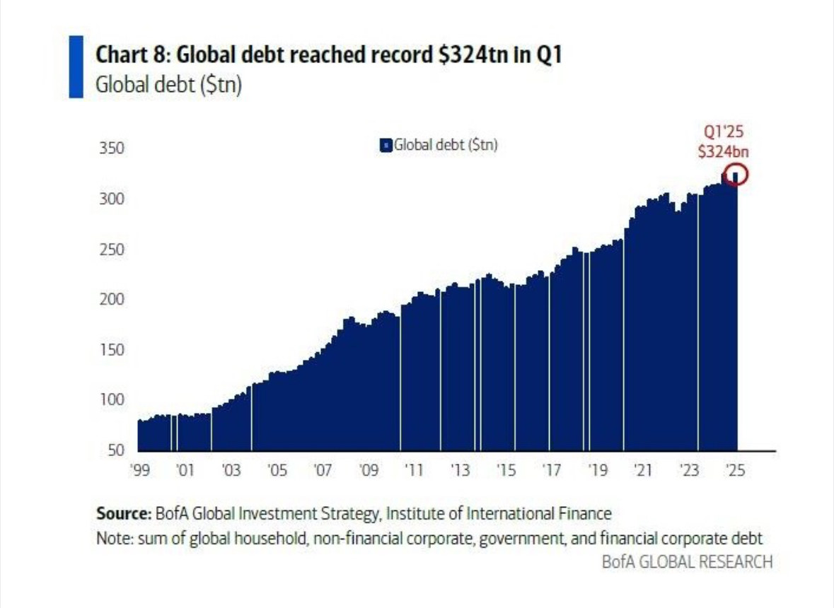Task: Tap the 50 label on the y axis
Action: coord(117,450)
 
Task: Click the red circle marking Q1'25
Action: coord(735,175)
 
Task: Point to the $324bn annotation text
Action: coord(723,151)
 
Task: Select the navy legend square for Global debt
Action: coord(386,146)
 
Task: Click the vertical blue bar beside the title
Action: coord(76,67)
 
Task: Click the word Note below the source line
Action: coord(112,538)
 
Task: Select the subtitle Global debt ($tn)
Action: coord(168,86)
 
